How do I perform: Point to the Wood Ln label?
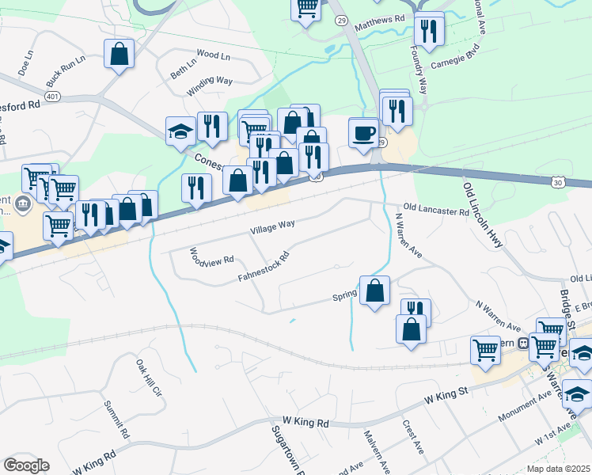click(x=212, y=55)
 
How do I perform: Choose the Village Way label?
click(x=272, y=226)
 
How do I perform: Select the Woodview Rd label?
click(x=211, y=256)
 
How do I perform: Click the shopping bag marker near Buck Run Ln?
click(x=119, y=54)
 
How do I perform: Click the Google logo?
click(x=25, y=465)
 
